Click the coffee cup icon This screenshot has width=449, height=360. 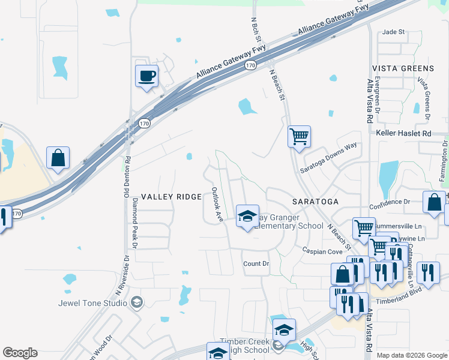tap(146, 76)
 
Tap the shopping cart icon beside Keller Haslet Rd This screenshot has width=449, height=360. tap(298, 136)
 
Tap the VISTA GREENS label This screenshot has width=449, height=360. tap(402, 68)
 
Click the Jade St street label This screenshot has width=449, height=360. tap(394, 32)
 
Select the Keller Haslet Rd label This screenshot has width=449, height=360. tap(403, 133)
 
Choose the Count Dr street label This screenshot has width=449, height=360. tap(256, 264)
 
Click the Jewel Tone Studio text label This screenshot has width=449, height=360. tap(93, 302)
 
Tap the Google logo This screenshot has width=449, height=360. tap(20, 353)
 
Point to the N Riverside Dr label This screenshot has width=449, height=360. tap(122, 277)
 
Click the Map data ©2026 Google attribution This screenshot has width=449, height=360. tap(412, 355)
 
